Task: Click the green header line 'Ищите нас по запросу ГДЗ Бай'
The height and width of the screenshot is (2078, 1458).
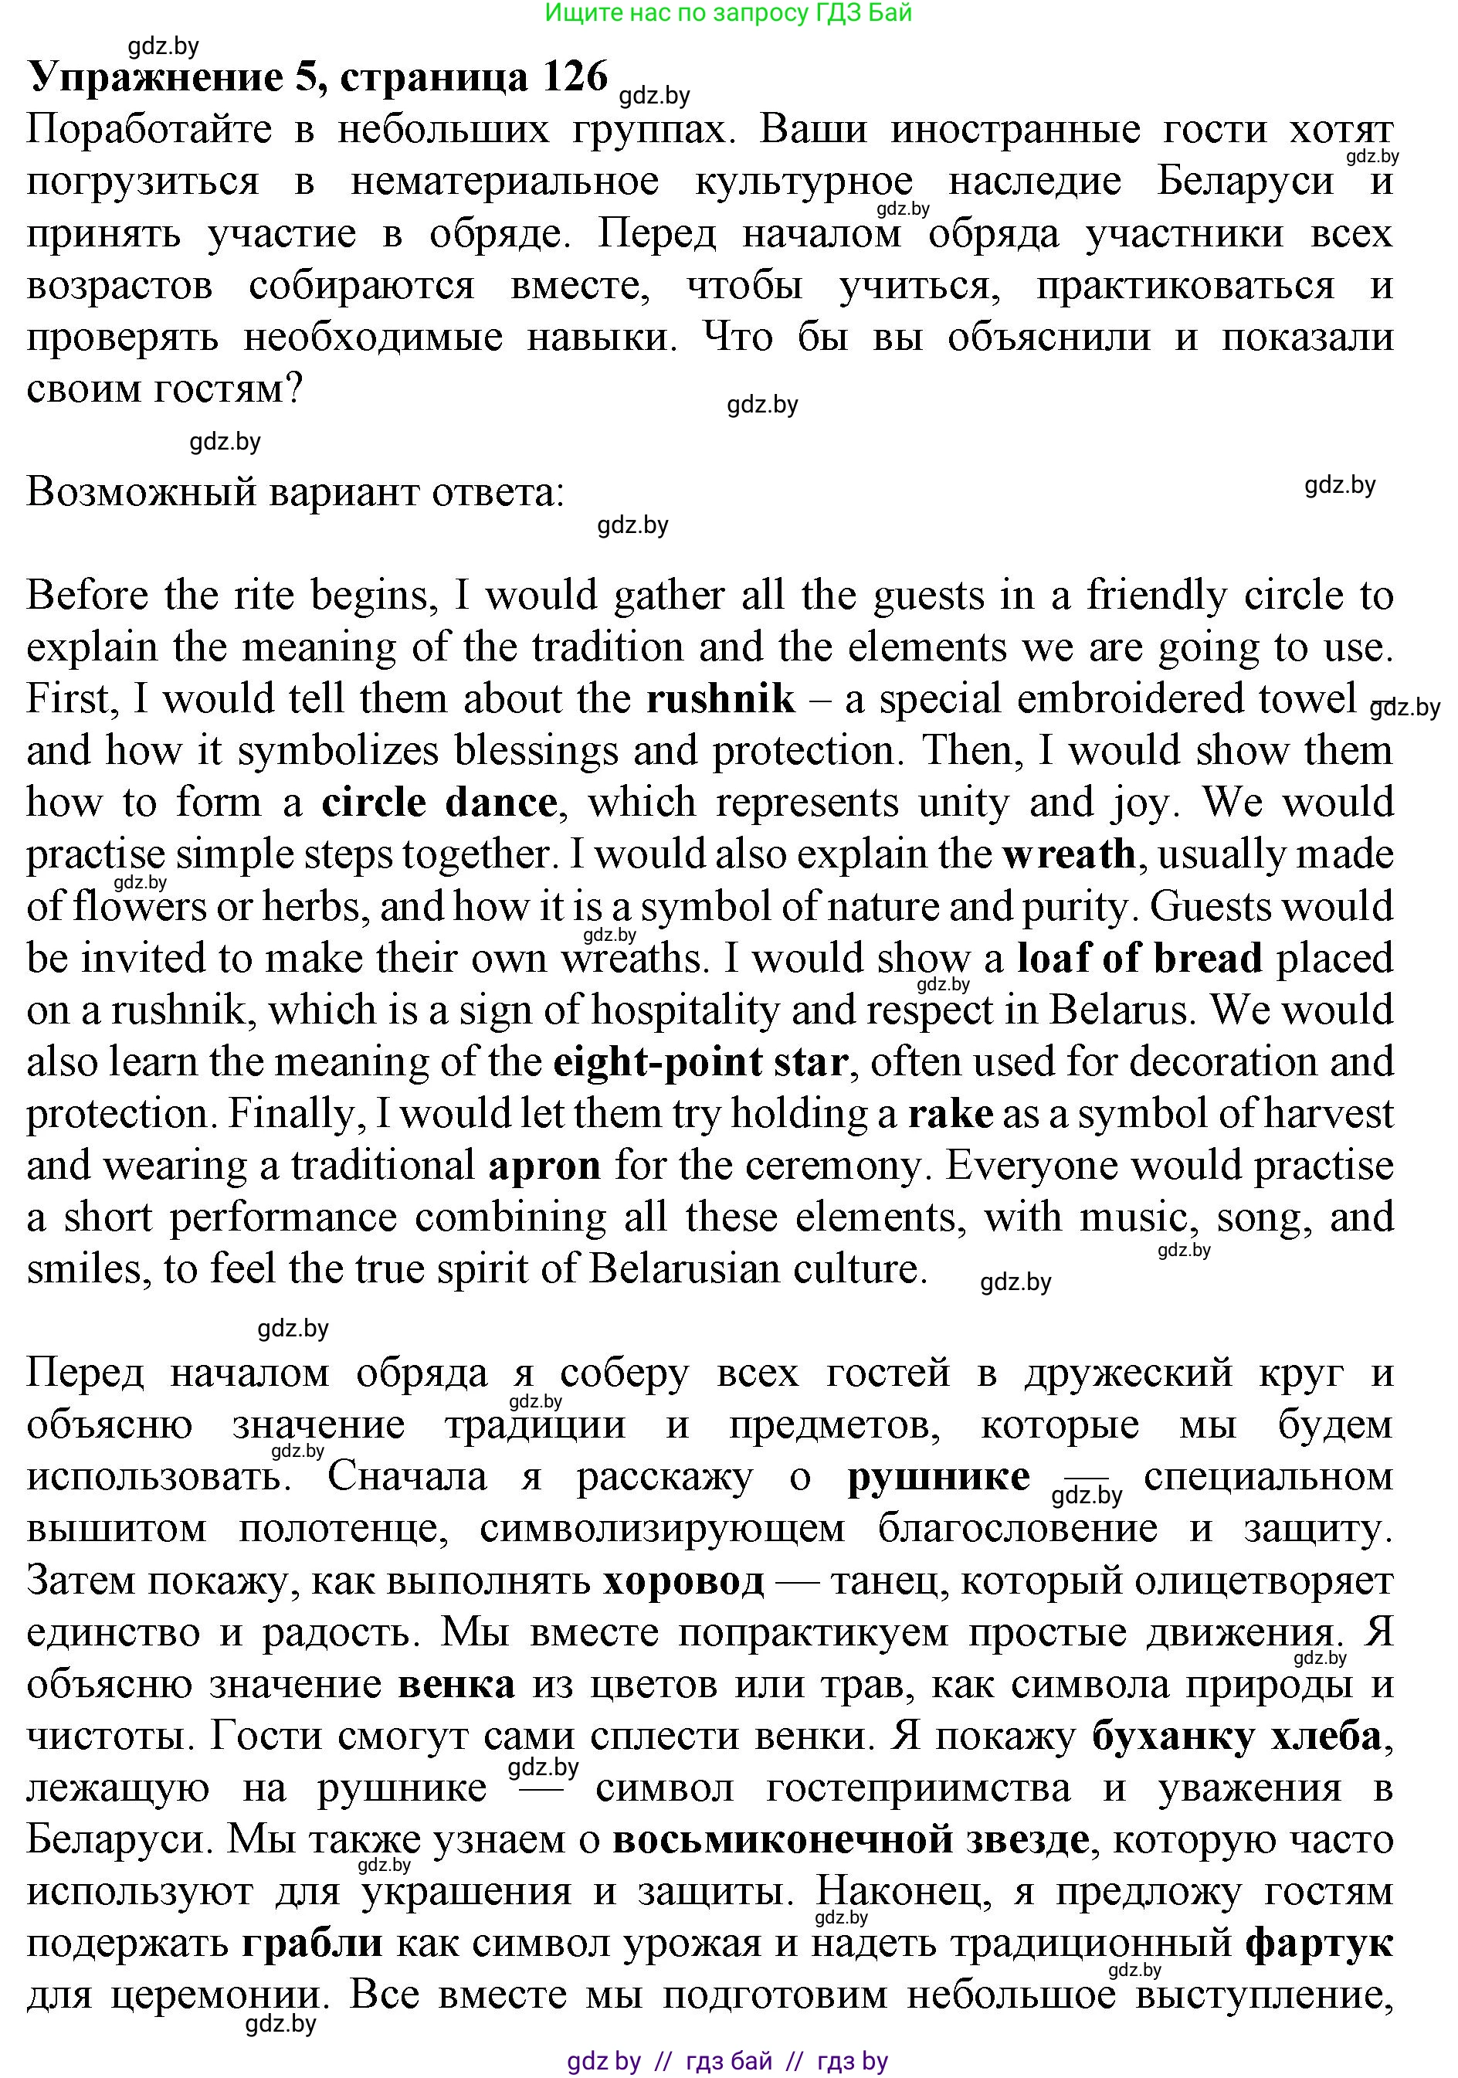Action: click(728, 12)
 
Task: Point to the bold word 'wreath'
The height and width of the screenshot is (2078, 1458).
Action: click(1069, 854)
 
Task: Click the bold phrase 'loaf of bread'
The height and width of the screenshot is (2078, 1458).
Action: click(1139, 959)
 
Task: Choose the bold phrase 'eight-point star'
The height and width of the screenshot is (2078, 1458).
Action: click(701, 1062)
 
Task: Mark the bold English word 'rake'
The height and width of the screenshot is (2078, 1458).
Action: click(951, 1114)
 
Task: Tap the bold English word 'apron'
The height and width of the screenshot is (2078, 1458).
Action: click(545, 1166)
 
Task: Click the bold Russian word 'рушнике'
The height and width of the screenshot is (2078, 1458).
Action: click(938, 1477)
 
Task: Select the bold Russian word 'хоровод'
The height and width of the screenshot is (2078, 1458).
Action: click(683, 1581)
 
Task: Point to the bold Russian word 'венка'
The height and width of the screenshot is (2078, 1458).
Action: click(457, 1684)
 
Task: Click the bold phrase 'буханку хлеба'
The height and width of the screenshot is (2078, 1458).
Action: click(1237, 1736)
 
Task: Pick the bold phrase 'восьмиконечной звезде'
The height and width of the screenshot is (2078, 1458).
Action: click(851, 1840)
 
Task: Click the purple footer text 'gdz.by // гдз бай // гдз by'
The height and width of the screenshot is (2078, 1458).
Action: click(727, 2061)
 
